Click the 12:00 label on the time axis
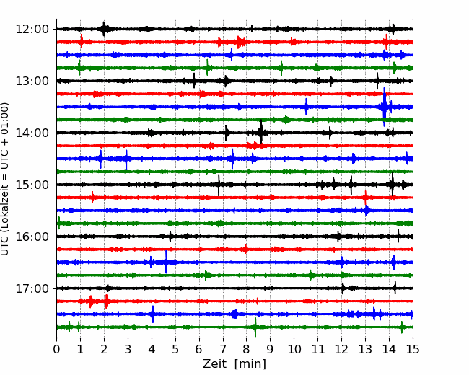point(32,30)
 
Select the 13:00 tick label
point(32,81)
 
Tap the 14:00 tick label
point(32,133)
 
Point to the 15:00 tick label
point(32,185)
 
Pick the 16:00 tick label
point(32,237)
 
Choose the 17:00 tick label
point(32,288)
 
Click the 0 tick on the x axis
point(56,349)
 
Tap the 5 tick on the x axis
point(175,349)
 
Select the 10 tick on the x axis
point(294,349)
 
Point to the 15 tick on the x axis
point(413,349)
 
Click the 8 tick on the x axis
point(247,349)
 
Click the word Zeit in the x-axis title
point(214,364)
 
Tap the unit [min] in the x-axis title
point(250,364)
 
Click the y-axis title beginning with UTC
point(4,179)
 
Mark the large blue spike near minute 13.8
point(385,107)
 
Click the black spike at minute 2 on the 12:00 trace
point(104,29)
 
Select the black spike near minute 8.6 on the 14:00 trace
point(261,132)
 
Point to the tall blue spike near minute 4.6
point(166,262)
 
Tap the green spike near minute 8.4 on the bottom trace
point(255,327)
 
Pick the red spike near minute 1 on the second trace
point(82,41)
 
